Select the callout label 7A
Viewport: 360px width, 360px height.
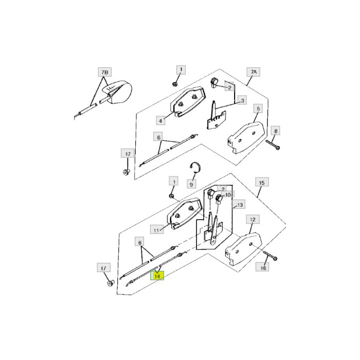[x=254, y=71]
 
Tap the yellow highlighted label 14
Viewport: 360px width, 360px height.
[x=157, y=276]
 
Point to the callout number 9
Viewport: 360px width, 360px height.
[x=191, y=183]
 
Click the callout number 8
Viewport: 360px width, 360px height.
[x=276, y=131]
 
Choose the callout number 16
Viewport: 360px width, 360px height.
[x=264, y=267]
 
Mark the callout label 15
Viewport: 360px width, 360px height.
[x=262, y=183]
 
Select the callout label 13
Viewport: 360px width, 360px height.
[x=239, y=205]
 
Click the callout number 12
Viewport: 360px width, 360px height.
[x=253, y=220]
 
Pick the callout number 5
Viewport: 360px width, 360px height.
[x=258, y=109]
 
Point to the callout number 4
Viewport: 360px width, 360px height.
[x=161, y=120]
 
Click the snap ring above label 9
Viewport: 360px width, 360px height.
[x=193, y=168]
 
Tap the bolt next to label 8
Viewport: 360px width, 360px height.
[x=273, y=144]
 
